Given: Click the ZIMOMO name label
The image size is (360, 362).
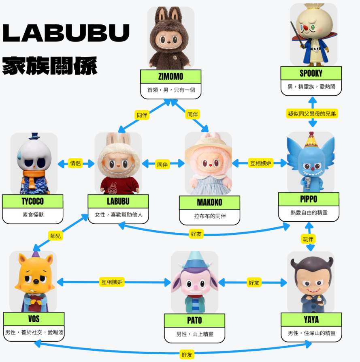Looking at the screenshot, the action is click(x=170, y=77).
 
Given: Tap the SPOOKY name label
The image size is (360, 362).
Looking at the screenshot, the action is click(x=311, y=73).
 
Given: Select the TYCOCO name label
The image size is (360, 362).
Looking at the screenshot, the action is click(x=32, y=201).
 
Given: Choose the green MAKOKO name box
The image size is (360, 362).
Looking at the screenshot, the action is click(x=209, y=202).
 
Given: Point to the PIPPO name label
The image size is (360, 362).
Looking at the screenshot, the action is click(x=309, y=199).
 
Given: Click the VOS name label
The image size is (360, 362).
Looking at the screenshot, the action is click(x=34, y=319).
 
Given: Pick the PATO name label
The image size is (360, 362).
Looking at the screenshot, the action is click(x=194, y=320).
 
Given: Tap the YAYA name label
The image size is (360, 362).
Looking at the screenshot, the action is click(x=311, y=319).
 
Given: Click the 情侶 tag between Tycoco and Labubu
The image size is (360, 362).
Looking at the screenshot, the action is click(x=75, y=163).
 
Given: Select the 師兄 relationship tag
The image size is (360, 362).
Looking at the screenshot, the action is click(x=55, y=236).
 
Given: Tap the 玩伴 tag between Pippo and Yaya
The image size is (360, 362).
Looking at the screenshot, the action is click(x=308, y=239).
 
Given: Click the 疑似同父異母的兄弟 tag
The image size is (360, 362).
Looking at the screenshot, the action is click(x=312, y=114).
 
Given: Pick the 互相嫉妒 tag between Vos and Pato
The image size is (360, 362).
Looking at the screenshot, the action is click(x=112, y=282).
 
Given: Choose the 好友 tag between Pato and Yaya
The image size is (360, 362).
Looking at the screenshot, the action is click(x=254, y=283).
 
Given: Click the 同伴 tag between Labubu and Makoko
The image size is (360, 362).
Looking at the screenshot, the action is click(x=162, y=165).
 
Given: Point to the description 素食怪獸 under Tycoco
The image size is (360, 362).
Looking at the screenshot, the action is click(x=33, y=215).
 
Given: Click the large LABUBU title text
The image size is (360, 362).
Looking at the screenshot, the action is click(x=66, y=33).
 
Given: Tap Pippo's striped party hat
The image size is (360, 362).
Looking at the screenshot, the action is click(x=311, y=140).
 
